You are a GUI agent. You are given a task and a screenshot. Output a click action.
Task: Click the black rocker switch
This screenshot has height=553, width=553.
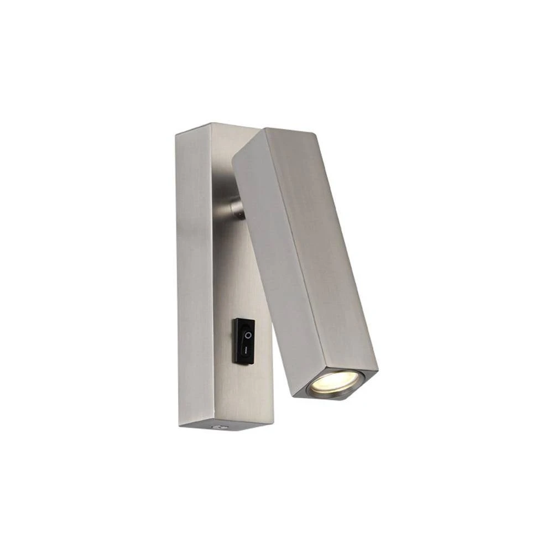coord(243,341)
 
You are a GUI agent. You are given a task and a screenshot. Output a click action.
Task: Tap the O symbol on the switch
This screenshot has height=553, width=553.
coord(248,335)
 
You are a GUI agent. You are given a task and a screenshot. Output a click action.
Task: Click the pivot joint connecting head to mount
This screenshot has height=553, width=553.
coord(237,208)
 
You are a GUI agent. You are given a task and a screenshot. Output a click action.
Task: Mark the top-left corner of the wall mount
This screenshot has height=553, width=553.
coord(176,133)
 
